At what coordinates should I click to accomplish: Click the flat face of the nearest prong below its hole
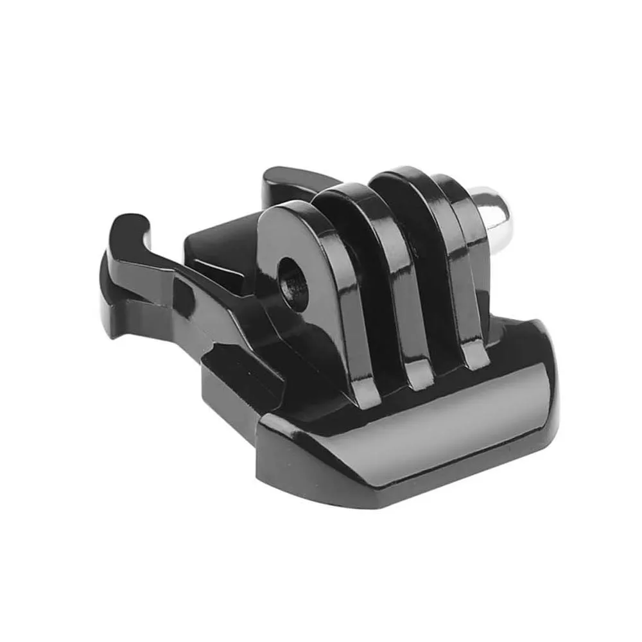[x=308, y=334]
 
